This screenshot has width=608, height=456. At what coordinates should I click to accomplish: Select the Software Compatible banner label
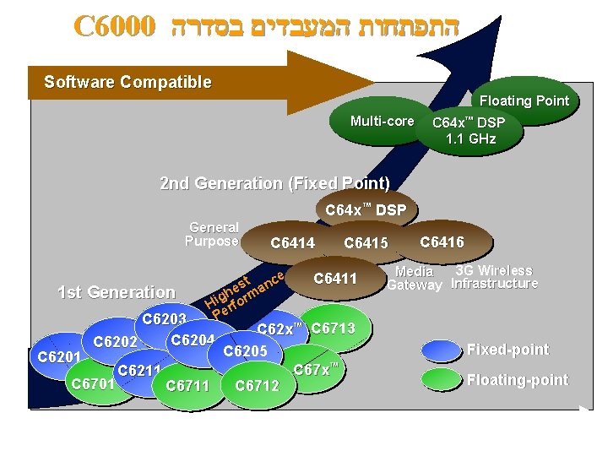[128, 82]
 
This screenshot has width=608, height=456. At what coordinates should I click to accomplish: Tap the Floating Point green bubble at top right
[524, 100]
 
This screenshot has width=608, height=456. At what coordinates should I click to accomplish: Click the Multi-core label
[382, 122]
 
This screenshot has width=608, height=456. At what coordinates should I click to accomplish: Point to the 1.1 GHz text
[471, 138]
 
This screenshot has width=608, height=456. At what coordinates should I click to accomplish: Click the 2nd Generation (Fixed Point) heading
[274, 183]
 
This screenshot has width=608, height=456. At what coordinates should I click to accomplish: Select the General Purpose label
[213, 234]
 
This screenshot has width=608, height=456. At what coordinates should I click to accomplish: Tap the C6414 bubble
[292, 243]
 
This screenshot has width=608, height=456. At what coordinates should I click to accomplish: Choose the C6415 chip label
[366, 243]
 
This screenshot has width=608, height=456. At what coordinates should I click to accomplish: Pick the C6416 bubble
[442, 242]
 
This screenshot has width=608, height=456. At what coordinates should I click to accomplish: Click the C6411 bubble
[335, 279]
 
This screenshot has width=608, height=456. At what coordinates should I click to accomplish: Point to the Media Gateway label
[414, 278]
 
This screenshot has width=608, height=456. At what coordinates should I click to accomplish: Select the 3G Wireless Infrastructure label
[494, 277]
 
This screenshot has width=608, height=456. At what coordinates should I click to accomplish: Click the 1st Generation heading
[116, 292]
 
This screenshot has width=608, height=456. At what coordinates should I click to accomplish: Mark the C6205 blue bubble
[245, 351]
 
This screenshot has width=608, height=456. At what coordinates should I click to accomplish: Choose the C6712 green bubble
[257, 386]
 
